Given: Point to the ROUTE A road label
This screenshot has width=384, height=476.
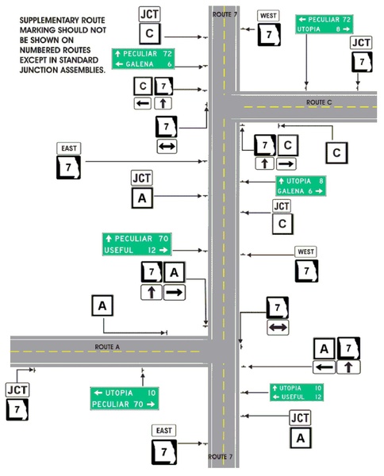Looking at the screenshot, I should pos(107,347).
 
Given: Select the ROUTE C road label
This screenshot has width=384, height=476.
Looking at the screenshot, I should pos(318,102).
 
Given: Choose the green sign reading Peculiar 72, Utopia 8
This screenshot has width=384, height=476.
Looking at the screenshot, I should pos(324,23).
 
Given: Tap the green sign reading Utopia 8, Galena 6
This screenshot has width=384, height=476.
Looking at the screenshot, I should pos(301,186).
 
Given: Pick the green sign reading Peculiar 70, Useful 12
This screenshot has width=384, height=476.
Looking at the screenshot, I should pos(136,244).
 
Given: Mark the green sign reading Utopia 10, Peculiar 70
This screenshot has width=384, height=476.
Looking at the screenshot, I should pos(125,398).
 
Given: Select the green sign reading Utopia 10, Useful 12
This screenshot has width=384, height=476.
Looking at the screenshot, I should pos(296,392).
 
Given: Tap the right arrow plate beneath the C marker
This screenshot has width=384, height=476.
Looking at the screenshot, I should pos(286,163).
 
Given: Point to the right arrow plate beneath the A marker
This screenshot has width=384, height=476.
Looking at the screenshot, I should pos(175,293).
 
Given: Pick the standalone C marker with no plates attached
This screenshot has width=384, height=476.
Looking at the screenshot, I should pos(338,152).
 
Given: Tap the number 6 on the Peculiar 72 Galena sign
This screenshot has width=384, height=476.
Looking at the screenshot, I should pos(169,64).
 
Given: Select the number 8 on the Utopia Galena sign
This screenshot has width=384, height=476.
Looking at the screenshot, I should pos(321,181).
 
